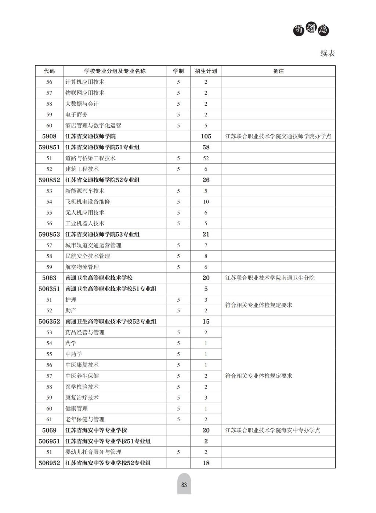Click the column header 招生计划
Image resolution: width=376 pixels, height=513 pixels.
206,71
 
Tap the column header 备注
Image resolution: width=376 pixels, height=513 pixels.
278,71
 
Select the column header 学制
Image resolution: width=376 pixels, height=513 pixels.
178,71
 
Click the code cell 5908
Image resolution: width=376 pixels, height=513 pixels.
49,137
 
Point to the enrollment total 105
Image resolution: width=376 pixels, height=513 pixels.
206,137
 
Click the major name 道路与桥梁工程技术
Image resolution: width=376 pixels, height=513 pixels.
90,158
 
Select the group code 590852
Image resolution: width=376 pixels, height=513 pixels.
49,180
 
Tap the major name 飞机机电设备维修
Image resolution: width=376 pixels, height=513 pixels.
87,202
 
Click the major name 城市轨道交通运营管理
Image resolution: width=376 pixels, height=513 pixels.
93,245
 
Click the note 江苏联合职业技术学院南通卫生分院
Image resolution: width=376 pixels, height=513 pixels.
270,278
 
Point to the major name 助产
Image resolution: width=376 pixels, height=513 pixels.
71,310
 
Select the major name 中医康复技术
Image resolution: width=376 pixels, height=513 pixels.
82,365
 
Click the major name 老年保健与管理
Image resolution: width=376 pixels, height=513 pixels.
85,419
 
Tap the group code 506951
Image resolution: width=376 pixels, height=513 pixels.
49,441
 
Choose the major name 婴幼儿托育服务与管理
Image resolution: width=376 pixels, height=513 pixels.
93,452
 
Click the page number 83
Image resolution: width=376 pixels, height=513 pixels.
184,485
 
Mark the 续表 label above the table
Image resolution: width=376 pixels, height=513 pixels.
328,54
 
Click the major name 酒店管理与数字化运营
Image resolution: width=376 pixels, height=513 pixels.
93,125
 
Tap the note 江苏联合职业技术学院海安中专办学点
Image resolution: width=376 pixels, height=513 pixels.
272,430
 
